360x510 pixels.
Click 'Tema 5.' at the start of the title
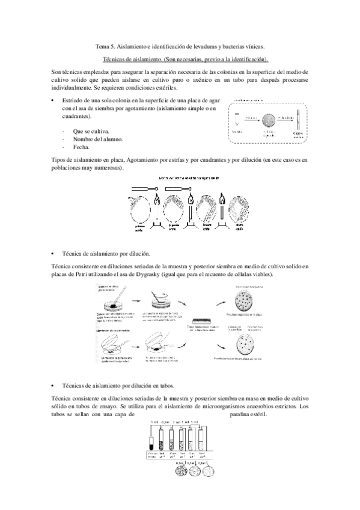coord(106,46)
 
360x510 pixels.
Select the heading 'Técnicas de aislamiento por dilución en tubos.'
coord(118,384)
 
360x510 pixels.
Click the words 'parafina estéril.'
coord(252,415)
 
